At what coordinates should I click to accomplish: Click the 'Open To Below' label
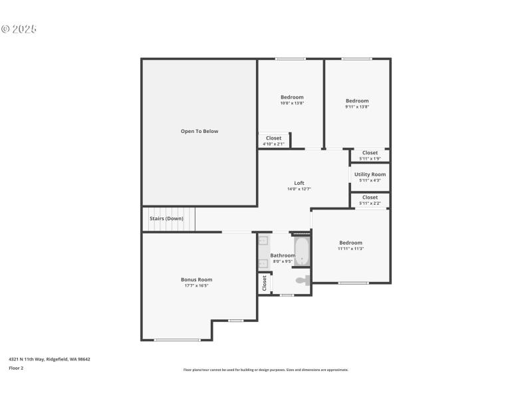199,131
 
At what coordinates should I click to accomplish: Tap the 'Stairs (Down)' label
166,218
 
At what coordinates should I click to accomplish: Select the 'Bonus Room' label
197,279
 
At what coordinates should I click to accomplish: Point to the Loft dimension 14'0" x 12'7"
299,189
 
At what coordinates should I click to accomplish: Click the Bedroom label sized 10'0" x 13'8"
291,97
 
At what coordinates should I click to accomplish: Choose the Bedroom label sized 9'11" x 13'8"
357,101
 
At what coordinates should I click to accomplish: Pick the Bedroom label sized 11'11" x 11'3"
350,243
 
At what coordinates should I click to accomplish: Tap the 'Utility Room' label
370,174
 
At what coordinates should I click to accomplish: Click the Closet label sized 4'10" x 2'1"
273,138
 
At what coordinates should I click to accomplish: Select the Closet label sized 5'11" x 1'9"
370,153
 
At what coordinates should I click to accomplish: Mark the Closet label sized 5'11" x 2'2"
370,198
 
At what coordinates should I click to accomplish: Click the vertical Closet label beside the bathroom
264,283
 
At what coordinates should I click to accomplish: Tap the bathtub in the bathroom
302,252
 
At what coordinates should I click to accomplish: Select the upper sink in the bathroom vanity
263,241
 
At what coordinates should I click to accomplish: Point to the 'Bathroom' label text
283,255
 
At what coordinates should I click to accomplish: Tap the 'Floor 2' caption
16,368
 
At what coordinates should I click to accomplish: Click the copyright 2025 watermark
19,29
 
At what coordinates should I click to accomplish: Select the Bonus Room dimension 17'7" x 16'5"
197,285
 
